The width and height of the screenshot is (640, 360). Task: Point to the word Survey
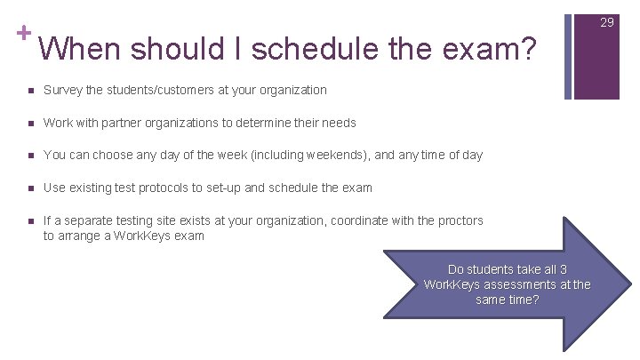tap(63, 90)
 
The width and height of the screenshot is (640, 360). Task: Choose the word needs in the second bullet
tap(339, 123)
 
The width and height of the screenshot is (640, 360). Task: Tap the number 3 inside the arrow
tap(563, 269)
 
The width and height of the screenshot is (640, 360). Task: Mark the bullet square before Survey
tap(30, 90)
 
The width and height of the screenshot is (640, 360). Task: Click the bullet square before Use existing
tap(30, 188)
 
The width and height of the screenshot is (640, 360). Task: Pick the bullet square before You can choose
tap(30, 155)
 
